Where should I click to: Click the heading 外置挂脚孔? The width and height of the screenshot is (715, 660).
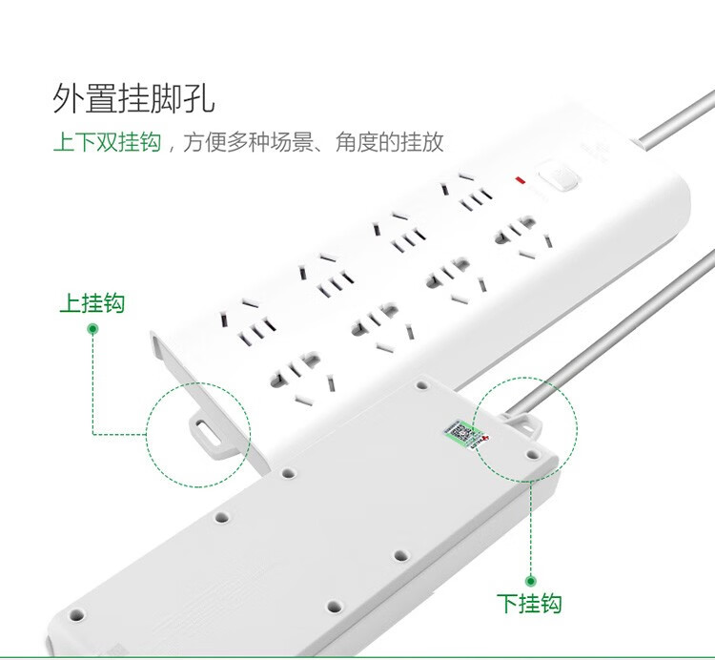[x=133, y=98]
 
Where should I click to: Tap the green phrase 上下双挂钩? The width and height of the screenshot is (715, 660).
[x=107, y=142]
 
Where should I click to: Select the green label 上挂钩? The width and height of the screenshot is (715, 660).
[x=92, y=303]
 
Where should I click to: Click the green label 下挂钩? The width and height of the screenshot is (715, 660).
[x=529, y=603]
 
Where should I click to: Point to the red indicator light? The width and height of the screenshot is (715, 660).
[x=520, y=180]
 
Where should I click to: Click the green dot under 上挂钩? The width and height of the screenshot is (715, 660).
[x=92, y=329]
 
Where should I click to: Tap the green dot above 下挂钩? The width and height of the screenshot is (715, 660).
[x=530, y=581]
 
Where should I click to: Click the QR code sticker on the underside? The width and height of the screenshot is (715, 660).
[x=460, y=432]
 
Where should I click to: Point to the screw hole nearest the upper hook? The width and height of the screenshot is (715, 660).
[x=287, y=473]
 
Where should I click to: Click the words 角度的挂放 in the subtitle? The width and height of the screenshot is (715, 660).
[x=389, y=142]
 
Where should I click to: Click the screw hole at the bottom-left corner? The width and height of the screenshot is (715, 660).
[x=75, y=615]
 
